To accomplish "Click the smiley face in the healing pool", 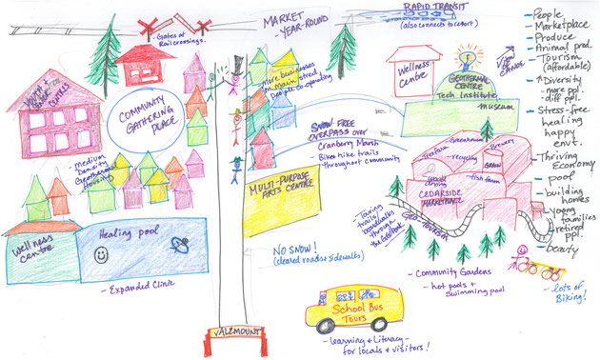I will pos(102,255).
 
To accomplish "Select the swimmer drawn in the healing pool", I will pos(178,246).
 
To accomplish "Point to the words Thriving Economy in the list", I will pos(567,162).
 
